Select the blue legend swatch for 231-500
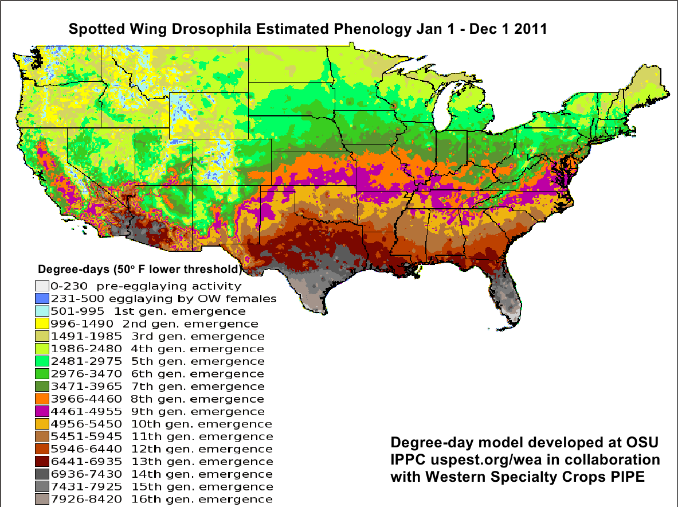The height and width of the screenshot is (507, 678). coord(41,299)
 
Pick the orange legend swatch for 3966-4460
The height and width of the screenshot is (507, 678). coord(41,399)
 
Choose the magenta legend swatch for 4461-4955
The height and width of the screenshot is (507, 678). coord(41,412)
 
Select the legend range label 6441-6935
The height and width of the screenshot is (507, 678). coord(87,462)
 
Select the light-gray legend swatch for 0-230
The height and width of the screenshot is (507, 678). coord(41,286)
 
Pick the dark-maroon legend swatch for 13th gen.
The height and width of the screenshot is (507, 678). coord(41,462)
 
